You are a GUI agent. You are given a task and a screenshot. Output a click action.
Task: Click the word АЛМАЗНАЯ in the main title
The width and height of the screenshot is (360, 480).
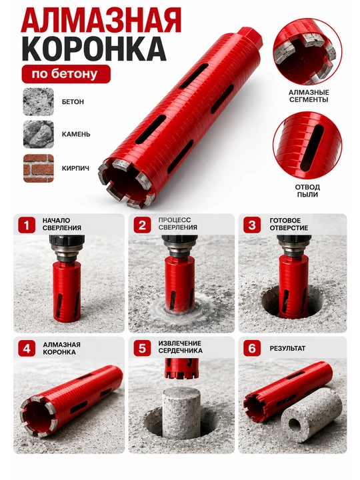point(101,21)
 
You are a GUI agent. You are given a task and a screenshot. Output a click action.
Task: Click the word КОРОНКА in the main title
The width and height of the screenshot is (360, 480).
point(95,49)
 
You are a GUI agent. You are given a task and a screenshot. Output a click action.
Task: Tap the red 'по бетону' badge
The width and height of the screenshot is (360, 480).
point(66,74)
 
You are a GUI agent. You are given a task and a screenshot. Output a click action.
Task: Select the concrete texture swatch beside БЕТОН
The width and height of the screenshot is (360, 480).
point(39,101)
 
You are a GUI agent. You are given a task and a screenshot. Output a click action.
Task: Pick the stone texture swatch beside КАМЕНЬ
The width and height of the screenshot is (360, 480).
point(39,135)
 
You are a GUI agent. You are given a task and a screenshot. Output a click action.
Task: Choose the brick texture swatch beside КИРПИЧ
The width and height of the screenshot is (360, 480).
point(39,169)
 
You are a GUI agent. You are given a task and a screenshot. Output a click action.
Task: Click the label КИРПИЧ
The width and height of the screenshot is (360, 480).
point(75,169)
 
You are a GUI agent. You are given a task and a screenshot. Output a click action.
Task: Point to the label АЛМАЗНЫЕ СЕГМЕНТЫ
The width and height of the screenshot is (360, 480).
point(309,96)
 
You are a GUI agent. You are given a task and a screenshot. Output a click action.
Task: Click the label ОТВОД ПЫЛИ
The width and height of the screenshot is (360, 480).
point(307,191)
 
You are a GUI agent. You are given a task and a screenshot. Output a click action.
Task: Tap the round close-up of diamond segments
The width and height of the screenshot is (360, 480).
point(307,51)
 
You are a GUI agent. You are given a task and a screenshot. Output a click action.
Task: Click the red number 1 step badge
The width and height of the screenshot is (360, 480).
point(27,225)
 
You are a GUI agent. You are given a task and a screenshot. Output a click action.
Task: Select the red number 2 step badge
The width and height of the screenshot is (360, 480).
point(143,225)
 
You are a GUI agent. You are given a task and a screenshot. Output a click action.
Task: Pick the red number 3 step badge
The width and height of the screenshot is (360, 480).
point(252,225)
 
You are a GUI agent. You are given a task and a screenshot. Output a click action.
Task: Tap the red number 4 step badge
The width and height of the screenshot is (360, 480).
point(27,349)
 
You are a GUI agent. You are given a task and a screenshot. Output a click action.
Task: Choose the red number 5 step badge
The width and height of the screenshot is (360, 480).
point(143,349)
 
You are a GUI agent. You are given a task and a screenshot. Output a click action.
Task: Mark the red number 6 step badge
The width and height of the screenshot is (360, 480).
point(252,349)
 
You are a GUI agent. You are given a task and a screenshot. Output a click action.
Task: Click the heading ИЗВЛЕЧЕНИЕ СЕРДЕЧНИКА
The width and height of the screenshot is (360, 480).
point(180,347)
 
